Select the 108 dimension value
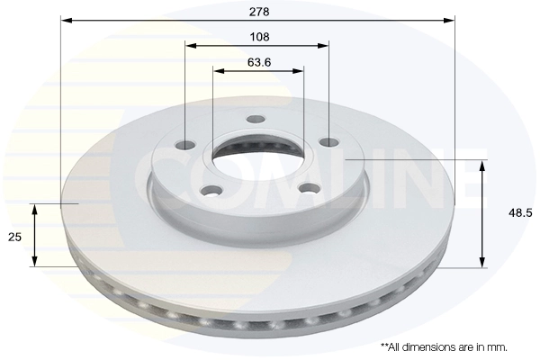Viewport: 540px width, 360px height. tap(258, 38)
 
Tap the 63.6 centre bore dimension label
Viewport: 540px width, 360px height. tap(258, 62)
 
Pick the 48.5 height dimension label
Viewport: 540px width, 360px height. tap(519, 213)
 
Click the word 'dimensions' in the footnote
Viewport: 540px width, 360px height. tap(433, 346)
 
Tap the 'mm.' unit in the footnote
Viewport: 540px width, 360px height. tap(498, 346)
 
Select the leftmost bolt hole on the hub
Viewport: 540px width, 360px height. tap(186, 145)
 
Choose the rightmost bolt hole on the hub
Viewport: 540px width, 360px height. tap(329, 141)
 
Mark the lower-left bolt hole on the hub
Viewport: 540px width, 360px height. tap(212, 189)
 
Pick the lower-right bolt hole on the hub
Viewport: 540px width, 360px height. tap(309, 188)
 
